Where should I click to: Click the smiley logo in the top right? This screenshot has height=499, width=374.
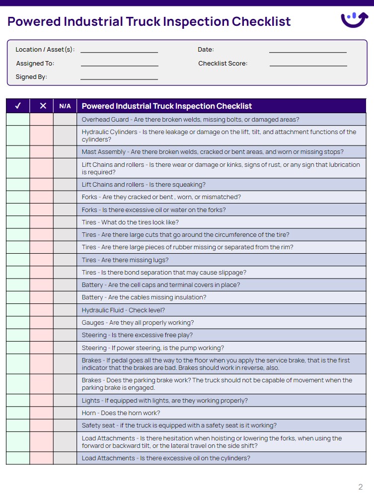pyautogui.click(x=355, y=20)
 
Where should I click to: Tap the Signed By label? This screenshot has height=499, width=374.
pyautogui.click(x=31, y=77)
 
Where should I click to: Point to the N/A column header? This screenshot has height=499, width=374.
pyautogui.click(x=65, y=106)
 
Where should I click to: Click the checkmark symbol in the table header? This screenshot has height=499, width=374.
pyautogui.click(x=18, y=106)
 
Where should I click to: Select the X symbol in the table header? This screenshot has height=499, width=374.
pyautogui.click(x=42, y=106)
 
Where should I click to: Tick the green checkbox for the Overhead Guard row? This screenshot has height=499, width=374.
pyautogui.click(x=18, y=120)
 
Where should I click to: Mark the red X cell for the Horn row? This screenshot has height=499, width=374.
pyautogui.click(x=42, y=413)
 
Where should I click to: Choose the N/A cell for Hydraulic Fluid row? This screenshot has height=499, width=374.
pyautogui.click(x=65, y=310)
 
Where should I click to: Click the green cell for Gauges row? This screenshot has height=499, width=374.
pyautogui.click(x=18, y=323)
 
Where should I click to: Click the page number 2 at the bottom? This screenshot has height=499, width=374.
pyautogui.click(x=361, y=487)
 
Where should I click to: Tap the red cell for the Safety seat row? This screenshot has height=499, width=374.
pyautogui.click(x=42, y=426)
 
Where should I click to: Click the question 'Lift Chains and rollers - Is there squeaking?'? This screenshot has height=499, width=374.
pyautogui.click(x=144, y=185)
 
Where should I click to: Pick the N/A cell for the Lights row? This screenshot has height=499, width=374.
pyautogui.click(x=65, y=401)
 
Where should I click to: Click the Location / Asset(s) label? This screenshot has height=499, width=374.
pyautogui.click(x=45, y=50)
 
